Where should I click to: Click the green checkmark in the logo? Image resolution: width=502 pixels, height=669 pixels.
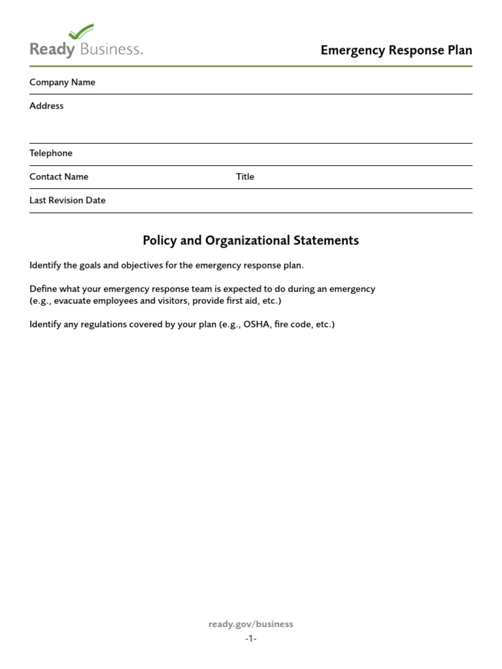(x=81, y=31)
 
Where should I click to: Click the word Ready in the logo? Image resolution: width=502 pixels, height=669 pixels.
(x=52, y=50)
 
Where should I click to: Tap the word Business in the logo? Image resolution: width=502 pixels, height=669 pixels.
(x=112, y=49)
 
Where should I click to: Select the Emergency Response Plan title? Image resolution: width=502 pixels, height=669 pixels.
(x=396, y=50)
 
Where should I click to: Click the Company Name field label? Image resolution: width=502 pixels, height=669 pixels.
(x=62, y=82)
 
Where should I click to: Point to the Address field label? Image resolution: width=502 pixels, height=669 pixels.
(x=46, y=106)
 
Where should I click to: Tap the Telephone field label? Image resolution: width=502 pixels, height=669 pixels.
(x=51, y=153)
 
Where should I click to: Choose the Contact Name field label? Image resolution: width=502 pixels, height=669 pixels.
(x=59, y=176)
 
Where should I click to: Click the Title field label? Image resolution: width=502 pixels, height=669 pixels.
(x=245, y=176)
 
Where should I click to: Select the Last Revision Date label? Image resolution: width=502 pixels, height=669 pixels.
(x=67, y=200)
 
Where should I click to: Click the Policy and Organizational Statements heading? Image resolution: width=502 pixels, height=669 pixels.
(x=250, y=240)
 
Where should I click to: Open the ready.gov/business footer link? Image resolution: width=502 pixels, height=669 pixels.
(x=250, y=624)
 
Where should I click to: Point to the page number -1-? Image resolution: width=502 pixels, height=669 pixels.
(x=251, y=638)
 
